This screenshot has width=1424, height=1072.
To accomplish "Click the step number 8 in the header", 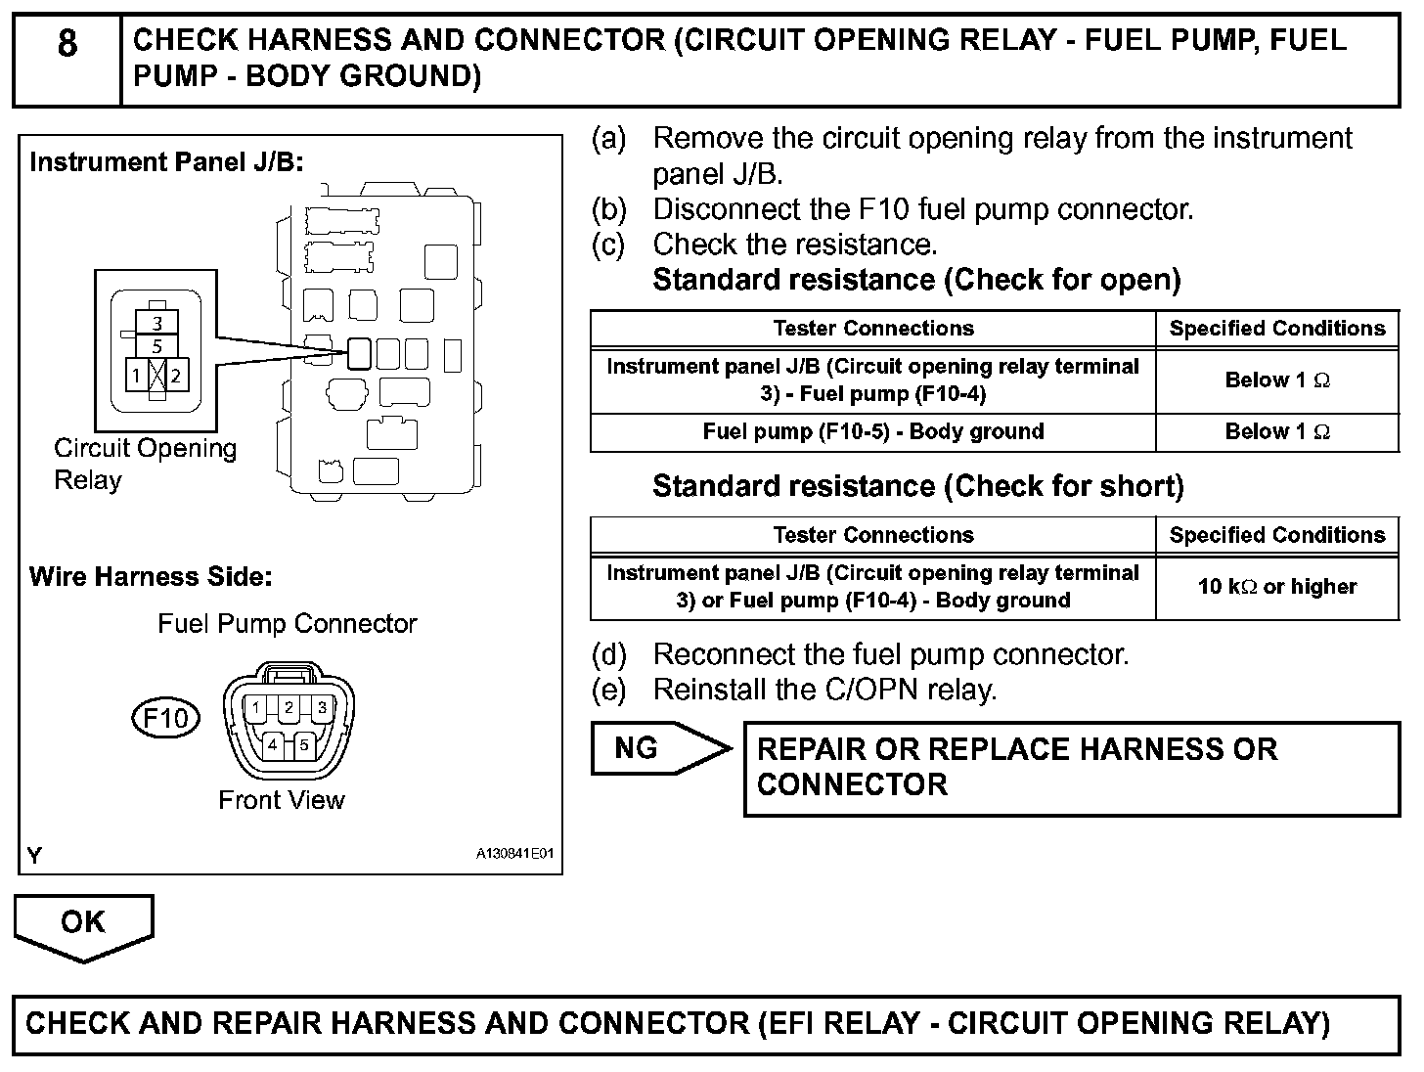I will coord(67,44).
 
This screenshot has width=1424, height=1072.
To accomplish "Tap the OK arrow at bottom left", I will coord(83,923).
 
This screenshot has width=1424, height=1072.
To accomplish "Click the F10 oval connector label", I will coord(165,719).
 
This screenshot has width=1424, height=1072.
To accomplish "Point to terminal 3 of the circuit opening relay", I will coord(157,323).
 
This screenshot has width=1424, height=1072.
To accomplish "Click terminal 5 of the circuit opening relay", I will coord(157,346).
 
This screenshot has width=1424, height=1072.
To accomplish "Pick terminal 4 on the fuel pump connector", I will coord(273,744).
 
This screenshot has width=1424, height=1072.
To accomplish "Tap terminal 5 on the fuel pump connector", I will coord(304,744).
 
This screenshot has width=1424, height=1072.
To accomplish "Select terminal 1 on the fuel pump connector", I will coord(254,707).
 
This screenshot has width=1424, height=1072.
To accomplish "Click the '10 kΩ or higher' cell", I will coord(1276,587).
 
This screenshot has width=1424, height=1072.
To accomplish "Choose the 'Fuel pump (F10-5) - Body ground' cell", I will coord(872,432).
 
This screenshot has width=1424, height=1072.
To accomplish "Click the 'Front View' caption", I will coord(282,800).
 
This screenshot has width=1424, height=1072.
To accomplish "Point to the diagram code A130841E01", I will coord(514,854).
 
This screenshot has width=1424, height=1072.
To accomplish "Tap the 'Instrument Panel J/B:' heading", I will coord(166,162).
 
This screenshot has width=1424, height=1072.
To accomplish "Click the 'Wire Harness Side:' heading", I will coord(151,577).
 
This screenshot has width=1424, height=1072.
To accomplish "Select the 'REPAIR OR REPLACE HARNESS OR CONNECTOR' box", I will coord(1071,768).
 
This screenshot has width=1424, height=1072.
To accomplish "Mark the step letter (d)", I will coord(608,654).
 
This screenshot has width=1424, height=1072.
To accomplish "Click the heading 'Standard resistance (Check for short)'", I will coord(917,486).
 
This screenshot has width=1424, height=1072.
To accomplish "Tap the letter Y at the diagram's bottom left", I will coord(35,856).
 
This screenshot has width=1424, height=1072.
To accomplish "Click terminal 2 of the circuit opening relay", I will coord(176,375).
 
